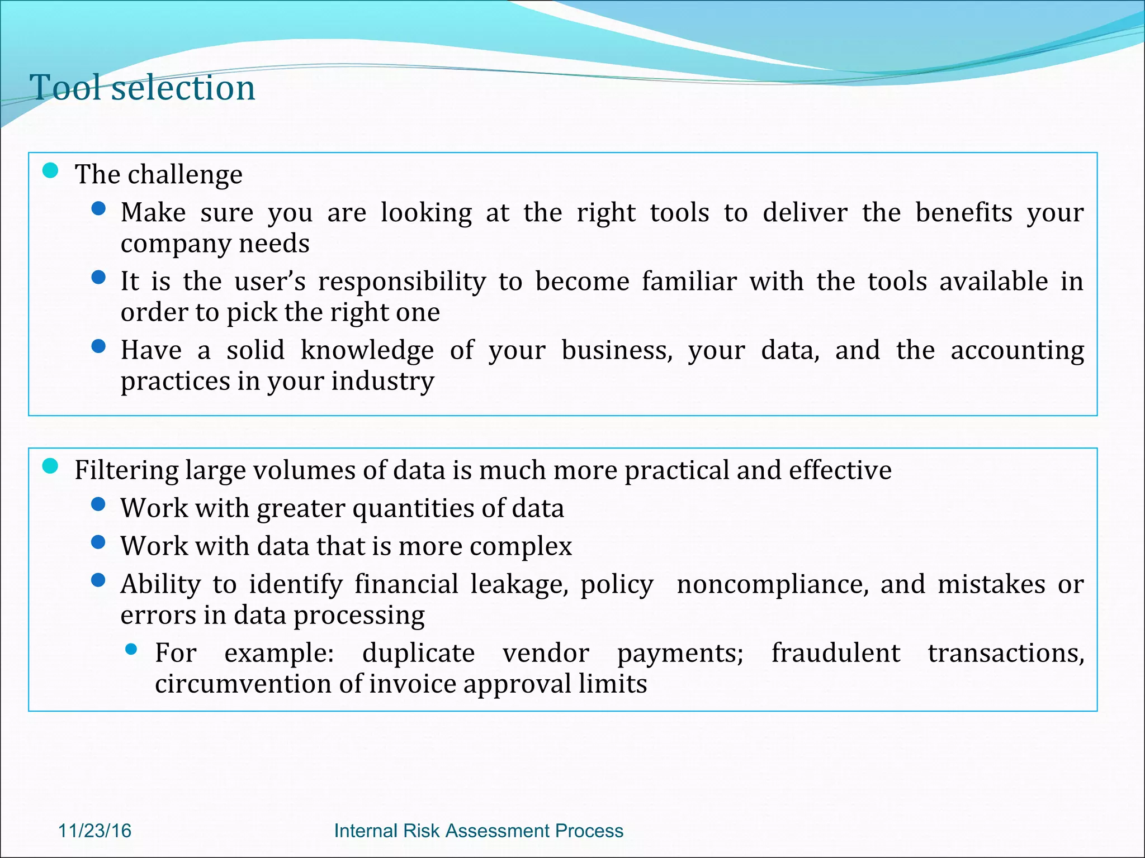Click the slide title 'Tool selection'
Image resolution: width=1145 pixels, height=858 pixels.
(143, 88)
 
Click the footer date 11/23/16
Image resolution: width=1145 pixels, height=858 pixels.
(94, 831)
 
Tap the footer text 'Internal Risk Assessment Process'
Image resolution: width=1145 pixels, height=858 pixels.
(479, 831)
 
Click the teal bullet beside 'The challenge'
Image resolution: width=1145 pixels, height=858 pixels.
(50, 170)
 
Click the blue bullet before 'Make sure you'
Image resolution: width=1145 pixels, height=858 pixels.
(98, 209)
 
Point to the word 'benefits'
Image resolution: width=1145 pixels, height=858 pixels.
(964, 212)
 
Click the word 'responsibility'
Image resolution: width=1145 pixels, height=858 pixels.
(402, 282)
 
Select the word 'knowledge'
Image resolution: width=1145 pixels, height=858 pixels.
(367, 351)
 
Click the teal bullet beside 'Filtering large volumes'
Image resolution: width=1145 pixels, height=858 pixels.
(50, 466)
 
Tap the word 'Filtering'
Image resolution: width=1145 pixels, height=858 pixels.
(126, 470)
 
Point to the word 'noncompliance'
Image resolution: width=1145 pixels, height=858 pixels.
(772, 584)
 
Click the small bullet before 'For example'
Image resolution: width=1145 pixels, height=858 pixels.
(131, 649)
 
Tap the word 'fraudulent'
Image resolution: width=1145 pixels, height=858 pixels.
(835, 653)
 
